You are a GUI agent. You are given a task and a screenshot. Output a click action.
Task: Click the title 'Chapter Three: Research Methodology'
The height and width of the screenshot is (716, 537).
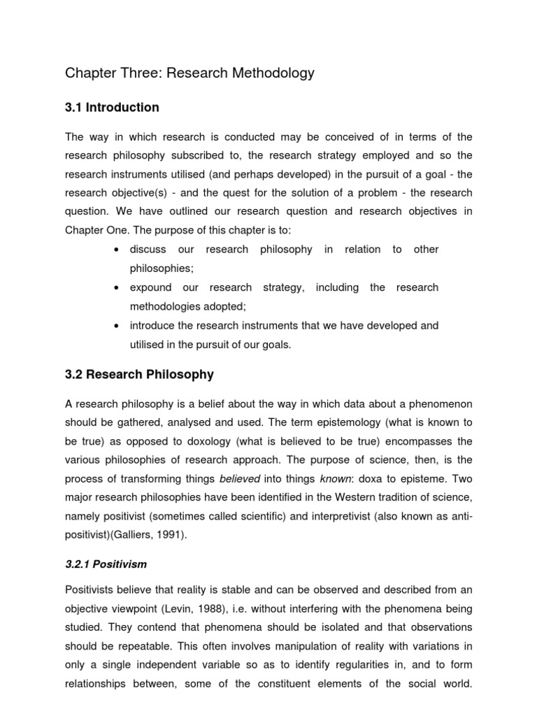(189, 73)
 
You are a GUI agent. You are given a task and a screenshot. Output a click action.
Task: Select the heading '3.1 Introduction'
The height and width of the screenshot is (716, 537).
(112, 108)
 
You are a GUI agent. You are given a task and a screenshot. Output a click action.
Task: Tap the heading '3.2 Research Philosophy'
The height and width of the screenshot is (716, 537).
(139, 375)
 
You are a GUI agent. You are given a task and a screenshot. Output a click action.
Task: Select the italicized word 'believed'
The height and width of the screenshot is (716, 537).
(239, 478)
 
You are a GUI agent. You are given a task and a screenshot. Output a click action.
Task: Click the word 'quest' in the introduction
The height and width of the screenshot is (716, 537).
(221, 193)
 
